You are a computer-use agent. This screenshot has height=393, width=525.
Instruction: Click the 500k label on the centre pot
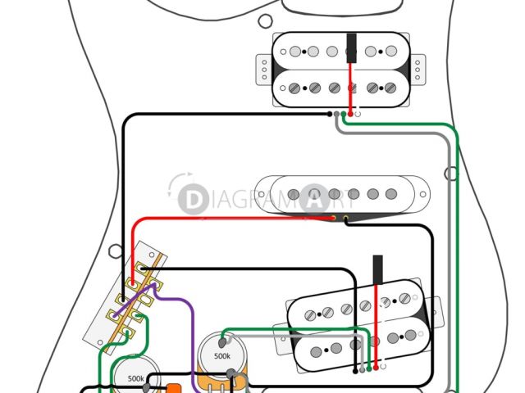coord(222,357)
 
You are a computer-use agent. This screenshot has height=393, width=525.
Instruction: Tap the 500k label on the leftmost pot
coord(136,379)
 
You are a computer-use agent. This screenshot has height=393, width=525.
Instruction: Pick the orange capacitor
coord(174,387)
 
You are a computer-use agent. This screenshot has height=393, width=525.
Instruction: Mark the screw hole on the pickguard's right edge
coord(450,174)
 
